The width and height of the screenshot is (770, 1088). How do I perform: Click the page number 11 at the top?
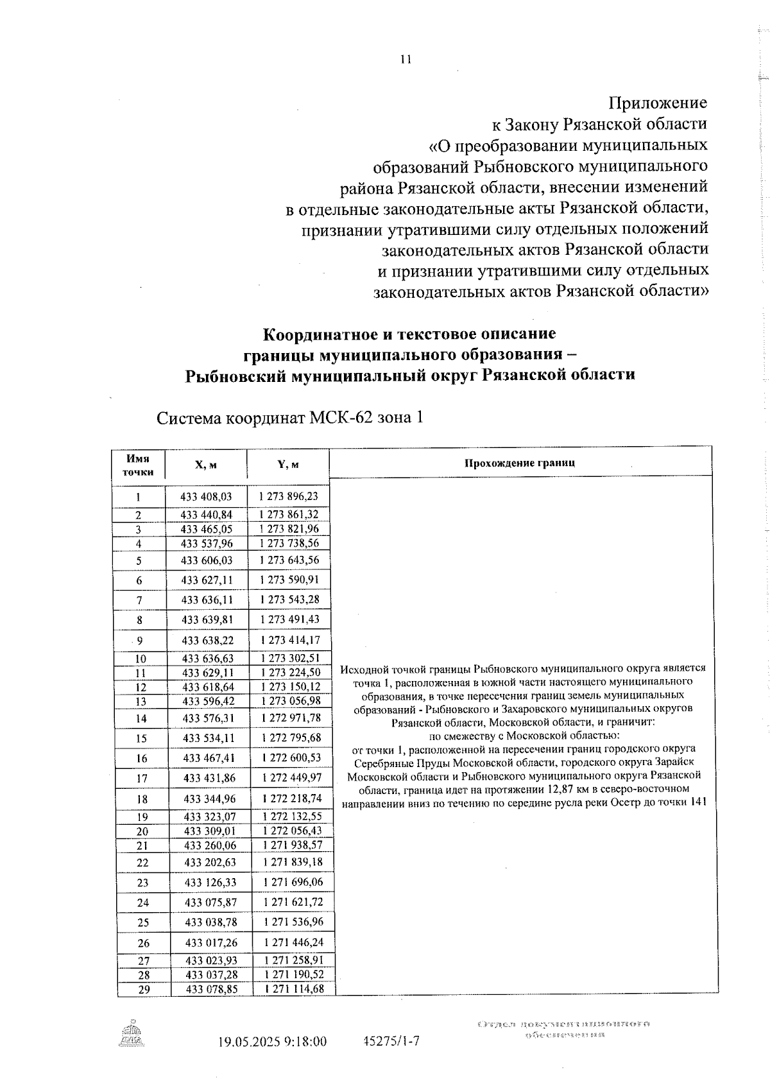(405, 59)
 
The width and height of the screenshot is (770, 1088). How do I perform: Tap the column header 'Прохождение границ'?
(520, 463)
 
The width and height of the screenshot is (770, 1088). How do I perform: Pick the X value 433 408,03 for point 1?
(206, 496)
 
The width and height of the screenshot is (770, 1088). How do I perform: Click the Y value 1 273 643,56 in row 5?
(289, 560)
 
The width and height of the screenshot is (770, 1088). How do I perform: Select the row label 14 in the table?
(141, 719)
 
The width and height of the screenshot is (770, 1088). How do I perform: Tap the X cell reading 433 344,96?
(209, 799)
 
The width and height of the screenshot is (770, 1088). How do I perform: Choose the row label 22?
(143, 863)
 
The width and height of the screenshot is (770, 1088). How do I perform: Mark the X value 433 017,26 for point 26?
(211, 943)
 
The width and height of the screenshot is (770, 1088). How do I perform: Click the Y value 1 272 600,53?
(291, 757)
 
